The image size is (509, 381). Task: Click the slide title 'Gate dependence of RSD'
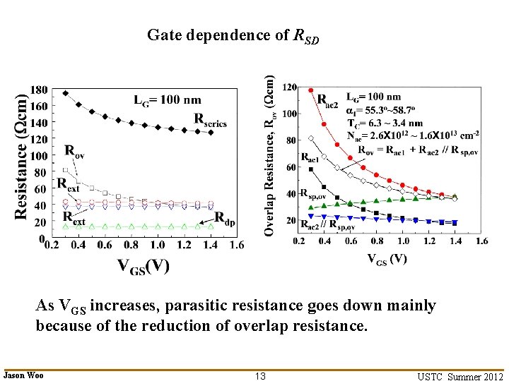click(233, 35)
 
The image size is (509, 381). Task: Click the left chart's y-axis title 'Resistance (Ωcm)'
click(22, 152)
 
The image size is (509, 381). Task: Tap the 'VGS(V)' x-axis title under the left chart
click(143, 266)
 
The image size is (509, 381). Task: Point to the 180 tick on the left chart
click(39, 90)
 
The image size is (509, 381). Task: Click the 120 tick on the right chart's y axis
click(288, 87)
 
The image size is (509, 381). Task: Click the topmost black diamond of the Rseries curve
click(66, 93)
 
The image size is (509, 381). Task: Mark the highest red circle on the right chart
click(311, 90)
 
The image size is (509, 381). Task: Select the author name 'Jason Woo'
click(24, 375)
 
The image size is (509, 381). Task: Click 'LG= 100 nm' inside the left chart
click(167, 99)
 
